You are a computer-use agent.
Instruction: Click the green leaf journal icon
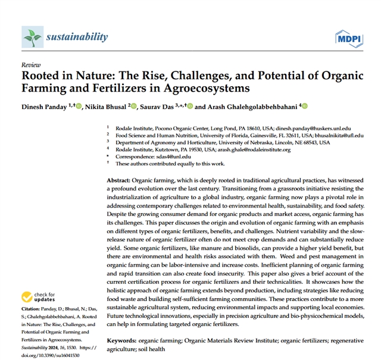(x=32, y=37)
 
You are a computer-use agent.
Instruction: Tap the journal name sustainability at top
(x=77, y=37)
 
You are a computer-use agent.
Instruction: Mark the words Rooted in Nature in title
(x=63, y=76)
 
